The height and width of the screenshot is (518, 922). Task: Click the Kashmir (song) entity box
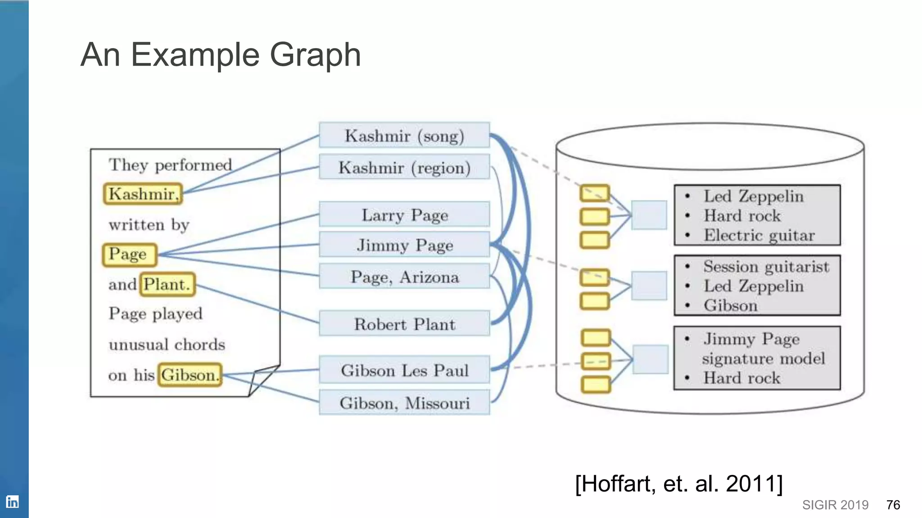coord(404,135)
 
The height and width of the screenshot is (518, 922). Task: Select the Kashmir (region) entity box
coord(404,167)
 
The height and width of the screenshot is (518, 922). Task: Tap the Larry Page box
coord(404,214)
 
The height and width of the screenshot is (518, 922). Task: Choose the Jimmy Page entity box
coord(404,245)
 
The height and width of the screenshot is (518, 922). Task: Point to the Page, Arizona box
coord(404,277)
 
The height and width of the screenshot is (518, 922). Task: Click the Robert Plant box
coord(404,324)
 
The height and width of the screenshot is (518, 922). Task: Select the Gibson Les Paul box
coord(404,370)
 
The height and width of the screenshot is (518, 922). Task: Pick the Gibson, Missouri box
coord(404,403)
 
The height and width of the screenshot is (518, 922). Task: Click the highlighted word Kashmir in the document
coord(143,194)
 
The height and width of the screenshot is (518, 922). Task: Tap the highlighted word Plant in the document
coord(167,284)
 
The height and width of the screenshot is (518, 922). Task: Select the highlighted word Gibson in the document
coord(190,375)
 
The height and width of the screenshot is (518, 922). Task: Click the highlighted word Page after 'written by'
coord(129,254)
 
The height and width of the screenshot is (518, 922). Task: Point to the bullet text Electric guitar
coord(759,235)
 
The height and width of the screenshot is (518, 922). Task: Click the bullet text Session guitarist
coord(766,267)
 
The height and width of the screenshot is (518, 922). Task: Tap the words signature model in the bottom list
coord(763,358)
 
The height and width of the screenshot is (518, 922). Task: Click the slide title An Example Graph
coord(221,55)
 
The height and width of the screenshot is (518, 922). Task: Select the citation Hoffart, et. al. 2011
coord(679,484)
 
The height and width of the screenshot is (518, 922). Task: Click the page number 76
coord(893,505)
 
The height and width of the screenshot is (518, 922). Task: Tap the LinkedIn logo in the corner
coord(12,501)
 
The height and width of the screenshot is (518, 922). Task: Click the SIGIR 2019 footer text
coord(835,505)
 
